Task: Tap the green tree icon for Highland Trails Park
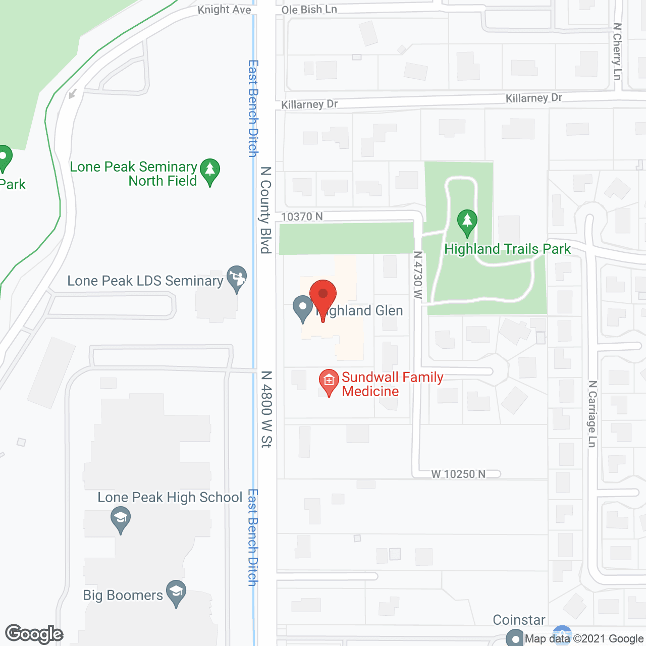(x=467, y=222)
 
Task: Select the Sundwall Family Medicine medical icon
(x=329, y=382)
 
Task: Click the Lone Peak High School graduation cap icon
(x=121, y=519)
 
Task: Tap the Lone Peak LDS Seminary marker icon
(x=236, y=278)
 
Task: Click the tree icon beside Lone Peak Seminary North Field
(x=210, y=171)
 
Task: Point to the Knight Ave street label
(x=224, y=10)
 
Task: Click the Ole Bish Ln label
(x=309, y=10)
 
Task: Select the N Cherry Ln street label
(x=617, y=51)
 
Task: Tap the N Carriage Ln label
(x=593, y=414)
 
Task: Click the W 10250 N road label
(x=458, y=474)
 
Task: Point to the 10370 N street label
(x=302, y=217)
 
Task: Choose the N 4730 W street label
(x=417, y=276)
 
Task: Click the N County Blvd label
(x=266, y=209)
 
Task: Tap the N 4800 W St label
(x=266, y=409)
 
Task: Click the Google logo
(x=34, y=634)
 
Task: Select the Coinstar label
(x=519, y=620)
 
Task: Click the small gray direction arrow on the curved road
(x=73, y=93)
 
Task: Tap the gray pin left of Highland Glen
(x=303, y=309)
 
